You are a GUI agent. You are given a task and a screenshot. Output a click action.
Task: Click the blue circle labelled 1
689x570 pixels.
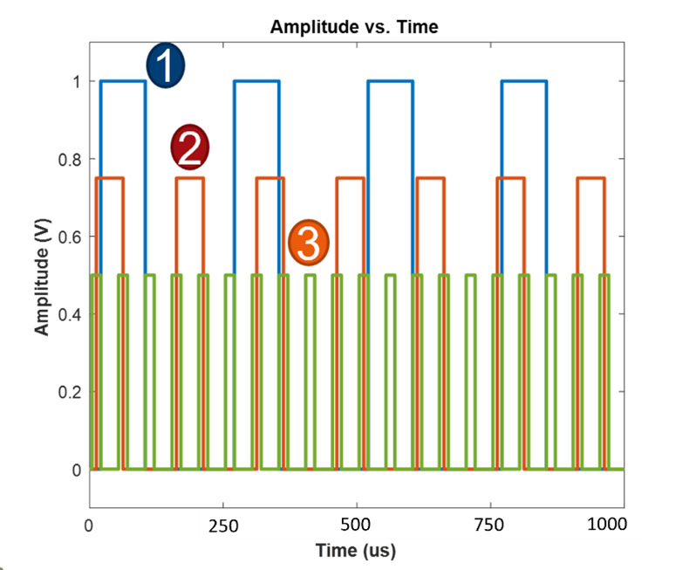pyautogui.click(x=165, y=67)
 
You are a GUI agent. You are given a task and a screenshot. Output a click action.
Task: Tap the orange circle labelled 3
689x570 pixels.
pyautogui.click(x=308, y=244)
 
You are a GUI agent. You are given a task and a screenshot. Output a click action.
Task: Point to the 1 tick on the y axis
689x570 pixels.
pyautogui.click(x=77, y=81)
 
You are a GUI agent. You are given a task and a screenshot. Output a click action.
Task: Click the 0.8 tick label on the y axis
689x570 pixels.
pyautogui.click(x=70, y=159)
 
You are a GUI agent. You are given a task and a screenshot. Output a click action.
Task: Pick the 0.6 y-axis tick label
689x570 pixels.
pyautogui.click(x=70, y=237)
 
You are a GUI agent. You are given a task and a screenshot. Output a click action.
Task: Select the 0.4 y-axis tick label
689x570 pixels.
pyautogui.click(x=70, y=314)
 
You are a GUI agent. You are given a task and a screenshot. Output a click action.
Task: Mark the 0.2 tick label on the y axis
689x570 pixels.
pyautogui.click(x=70, y=392)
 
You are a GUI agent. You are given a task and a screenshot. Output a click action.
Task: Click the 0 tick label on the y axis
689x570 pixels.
pyautogui.click(x=77, y=470)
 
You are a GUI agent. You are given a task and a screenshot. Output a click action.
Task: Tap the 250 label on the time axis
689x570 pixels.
pyautogui.click(x=224, y=525)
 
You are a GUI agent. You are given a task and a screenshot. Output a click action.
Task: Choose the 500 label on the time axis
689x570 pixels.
pyautogui.click(x=356, y=525)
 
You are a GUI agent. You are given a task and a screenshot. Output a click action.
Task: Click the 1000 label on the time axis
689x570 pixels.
pyautogui.click(x=607, y=525)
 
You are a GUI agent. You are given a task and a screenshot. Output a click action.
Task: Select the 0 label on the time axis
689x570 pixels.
pyautogui.click(x=88, y=525)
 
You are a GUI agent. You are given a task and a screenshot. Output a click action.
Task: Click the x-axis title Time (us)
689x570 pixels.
pyautogui.click(x=356, y=551)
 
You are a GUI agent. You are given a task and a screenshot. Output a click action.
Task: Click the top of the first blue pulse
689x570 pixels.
pyautogui.click(x=123, y=81)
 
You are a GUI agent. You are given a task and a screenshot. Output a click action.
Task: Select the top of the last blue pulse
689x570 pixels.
pyautogui.click(x=524, y=81)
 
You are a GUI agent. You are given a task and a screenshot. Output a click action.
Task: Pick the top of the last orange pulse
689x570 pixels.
pyautogui.click(x=590, y=178)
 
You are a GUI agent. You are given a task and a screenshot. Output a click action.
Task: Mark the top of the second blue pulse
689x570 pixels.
pyautogui.click(x=256, y=81)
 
